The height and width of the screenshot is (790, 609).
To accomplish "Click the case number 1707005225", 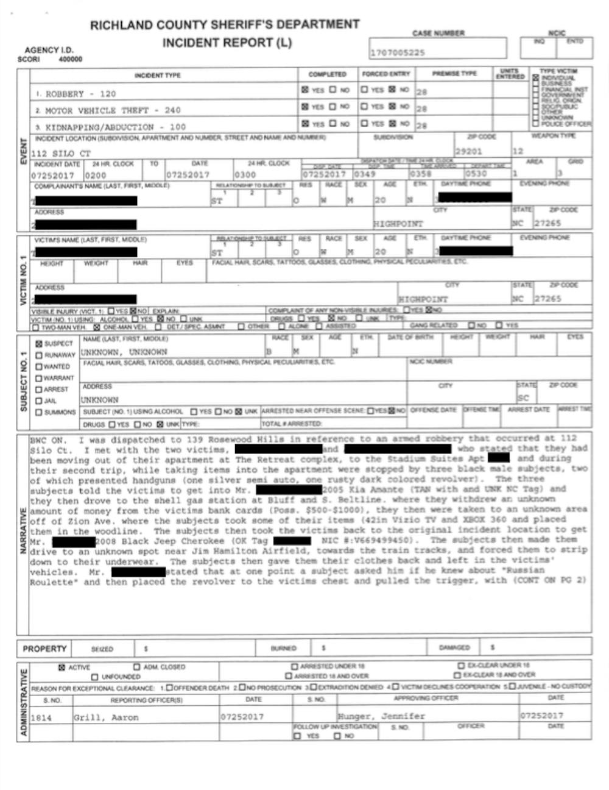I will pos(397,53).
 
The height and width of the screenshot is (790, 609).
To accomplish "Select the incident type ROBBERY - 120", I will pos(80,94).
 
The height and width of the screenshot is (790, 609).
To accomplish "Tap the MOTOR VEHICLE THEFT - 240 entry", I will pos(113,110).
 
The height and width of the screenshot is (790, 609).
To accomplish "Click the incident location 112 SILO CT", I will pos(61,154).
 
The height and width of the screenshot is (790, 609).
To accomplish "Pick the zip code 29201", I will pos(468,151).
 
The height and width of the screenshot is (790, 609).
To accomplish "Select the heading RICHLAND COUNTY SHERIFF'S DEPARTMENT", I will pos(225,25).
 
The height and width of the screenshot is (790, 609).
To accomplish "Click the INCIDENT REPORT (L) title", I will pos(227,43).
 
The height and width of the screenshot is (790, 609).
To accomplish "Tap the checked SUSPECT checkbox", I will pos(40,344).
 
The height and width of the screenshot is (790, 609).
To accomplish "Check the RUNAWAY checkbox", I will pos(40,355).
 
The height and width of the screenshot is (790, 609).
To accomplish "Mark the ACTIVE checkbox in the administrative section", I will pos(62,667).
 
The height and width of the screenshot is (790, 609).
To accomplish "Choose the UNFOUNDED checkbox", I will pos(94,677).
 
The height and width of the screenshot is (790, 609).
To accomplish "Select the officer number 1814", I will pos(41,718).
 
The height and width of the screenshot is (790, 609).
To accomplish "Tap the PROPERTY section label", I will pos(44,649).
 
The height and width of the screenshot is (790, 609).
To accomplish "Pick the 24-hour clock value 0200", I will pos(95,175).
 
